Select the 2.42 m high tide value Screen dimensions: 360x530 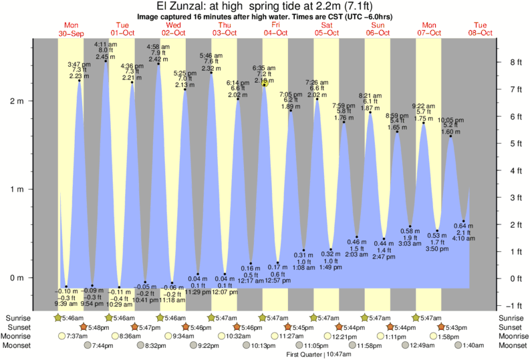tap(158, 59)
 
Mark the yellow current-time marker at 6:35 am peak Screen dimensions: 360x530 tap(265, 84)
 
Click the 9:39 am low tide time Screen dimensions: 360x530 tap(66, 303)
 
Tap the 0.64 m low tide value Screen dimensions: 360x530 tap(463, 224)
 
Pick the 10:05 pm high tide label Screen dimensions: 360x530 tap(451, 120)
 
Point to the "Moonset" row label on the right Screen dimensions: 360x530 tap(511, 345)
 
